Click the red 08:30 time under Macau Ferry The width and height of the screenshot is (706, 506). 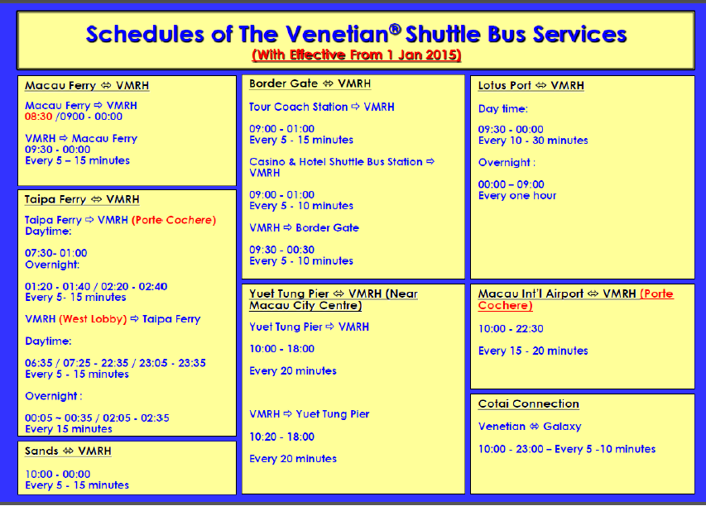click(x=38, y=117)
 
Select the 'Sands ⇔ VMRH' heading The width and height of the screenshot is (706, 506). click(x=68, y=451)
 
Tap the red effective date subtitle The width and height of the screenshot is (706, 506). click(x=357, y=55)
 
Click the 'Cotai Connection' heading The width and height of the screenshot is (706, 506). click(x=529, y=403)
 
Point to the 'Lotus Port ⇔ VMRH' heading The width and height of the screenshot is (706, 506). click(x=531, y=85)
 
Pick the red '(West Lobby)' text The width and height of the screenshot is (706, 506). click(x=94, y=319)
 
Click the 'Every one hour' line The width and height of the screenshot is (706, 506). click(x=517, y=196)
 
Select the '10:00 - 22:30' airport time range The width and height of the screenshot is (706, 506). click(x=511, y=329)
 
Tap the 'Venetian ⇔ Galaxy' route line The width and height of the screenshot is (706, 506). click(x=530, y=427)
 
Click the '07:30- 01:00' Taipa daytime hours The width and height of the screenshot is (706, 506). click(x=55, y=253)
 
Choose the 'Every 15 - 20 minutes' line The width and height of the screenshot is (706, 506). click(x=533, y=351)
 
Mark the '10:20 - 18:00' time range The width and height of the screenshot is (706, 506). click(x=282, y=437)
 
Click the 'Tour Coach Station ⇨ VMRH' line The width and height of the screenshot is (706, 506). click(x=321, y=107)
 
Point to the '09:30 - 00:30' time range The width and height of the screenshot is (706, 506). click(x=282, y=250)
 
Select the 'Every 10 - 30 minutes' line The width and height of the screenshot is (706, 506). click(x=533, y=141)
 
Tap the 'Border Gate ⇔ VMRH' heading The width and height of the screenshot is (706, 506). click(x=310, y=84)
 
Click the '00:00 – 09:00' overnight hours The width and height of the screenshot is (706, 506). click(x=511, y=184)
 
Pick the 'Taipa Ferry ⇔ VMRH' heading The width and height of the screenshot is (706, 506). click(x=82, y=199)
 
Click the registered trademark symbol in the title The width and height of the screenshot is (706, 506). click(x=395, y=29)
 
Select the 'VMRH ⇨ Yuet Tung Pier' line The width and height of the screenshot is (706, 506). click(x=310, y=414)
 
